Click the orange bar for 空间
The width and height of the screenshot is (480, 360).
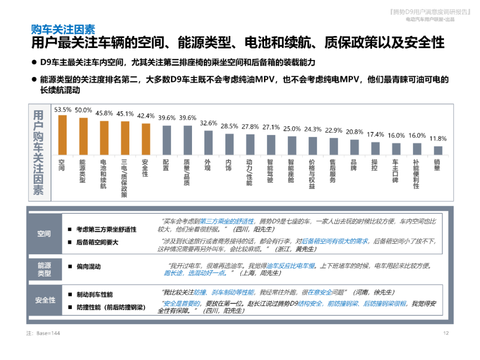click(x=62, y=135)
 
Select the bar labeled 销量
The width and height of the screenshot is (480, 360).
click(x=438, y=151)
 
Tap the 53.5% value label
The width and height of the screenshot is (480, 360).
click(x=63, y=110)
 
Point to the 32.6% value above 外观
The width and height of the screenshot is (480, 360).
click(x=208, y=123)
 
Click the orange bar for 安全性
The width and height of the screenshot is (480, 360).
click(x=146, y=139)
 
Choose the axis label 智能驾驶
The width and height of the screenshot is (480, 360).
click(x=271, y=172)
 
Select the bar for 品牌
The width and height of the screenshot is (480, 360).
click(x=354, y=147)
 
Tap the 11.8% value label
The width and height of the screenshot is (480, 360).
click(x=438, y=139)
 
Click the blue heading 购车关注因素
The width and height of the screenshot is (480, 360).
click(x=63, y=29)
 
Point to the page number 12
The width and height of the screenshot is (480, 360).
click(x=446, y=333)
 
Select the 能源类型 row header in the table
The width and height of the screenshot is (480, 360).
click(x=44, y=269)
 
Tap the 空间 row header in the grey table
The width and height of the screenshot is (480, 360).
click(x=44, y=234)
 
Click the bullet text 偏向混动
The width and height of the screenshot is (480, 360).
click(x=88, y=267)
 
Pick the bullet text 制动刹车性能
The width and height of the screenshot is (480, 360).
click(x=95, y=295)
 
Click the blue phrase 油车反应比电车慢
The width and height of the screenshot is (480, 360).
click(x=291, y=266)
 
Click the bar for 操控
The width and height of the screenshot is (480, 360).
click(x=375, y=148)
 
